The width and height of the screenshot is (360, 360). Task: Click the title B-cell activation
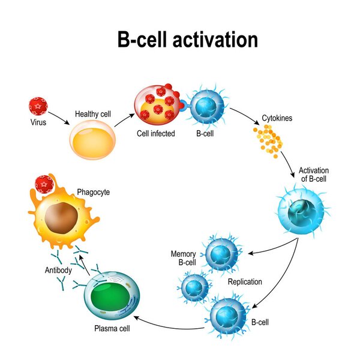[x=187, y=39]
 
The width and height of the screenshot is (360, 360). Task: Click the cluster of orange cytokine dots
[x=267, y=140]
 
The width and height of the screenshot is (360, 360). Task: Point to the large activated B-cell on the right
[x=301, y=210]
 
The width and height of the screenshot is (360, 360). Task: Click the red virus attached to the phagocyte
[x=44, y=184]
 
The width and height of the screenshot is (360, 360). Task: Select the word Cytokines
[x=277, y=118]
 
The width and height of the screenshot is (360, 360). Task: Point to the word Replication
[x=245, y=281]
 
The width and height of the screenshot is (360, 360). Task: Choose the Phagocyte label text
[x=93, y=192]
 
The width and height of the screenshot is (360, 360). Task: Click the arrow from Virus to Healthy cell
[x=59, y=116]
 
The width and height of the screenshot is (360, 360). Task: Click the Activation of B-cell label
[x=314, y=175]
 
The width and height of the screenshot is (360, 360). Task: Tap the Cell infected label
[x=155, y=133]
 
